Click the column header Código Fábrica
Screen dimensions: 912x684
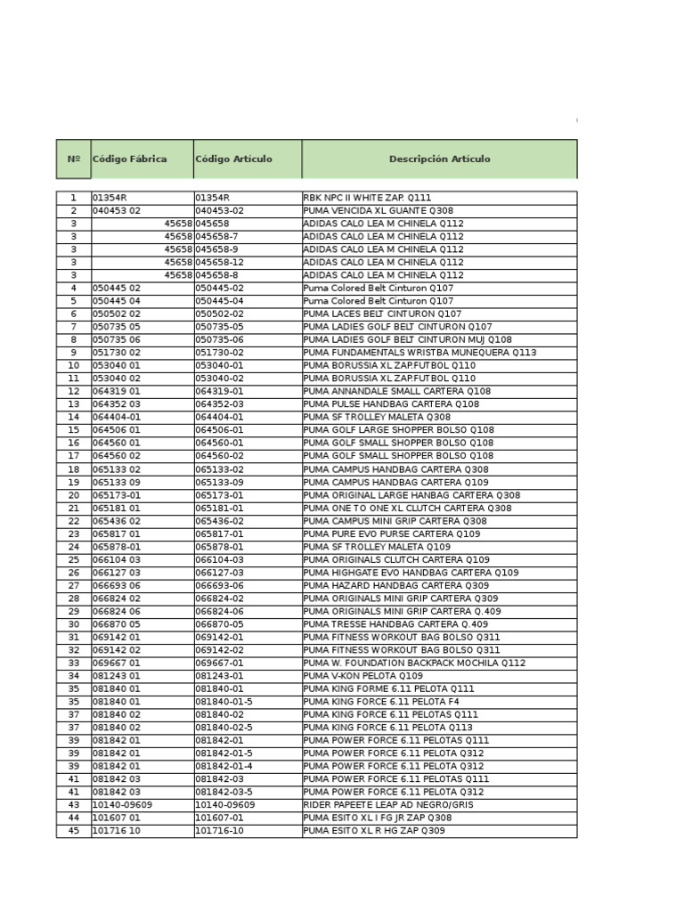tap(130, 159)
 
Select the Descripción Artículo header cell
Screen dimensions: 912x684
tap(439, 159)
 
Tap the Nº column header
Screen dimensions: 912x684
tap(73, 159)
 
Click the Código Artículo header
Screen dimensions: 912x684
tap(234, 159)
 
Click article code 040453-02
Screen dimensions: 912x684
tap(219, 211)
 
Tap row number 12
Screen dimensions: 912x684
tap(73, 391)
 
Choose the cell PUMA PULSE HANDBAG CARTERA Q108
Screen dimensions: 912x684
tap(391, 404)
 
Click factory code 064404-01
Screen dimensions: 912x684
tap(117, 417)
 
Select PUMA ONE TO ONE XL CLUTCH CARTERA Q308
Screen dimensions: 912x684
tap(407, 509)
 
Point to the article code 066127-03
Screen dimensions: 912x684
tap(219, 573)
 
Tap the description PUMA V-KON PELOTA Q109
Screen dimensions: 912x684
tap(362, 676)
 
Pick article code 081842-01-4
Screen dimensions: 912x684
tap(224, 766)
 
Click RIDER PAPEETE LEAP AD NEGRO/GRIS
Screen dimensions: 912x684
tap(388, 804)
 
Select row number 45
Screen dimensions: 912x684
tap(73, 831)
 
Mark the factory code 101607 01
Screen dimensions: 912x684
tap(117, 818)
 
